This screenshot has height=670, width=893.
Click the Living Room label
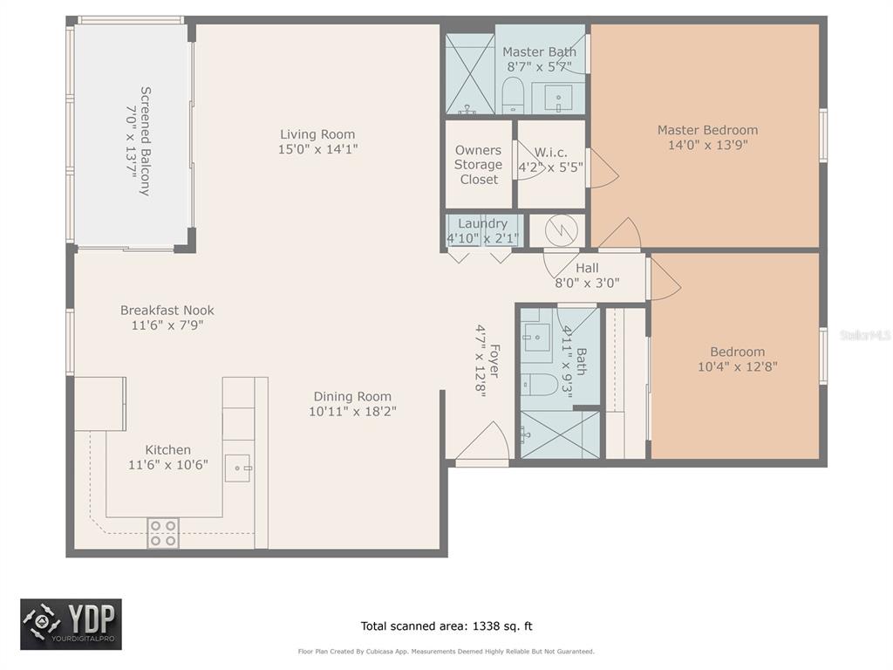pyautogui.click(x=317, y=134)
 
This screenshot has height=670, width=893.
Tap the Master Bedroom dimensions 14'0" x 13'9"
pyautogui.click(x=707, y=145)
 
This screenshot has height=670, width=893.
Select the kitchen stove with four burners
pyautogui.click(x=163, y=533)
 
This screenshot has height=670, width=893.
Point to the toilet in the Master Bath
pyautogui.click(x=513, y=97)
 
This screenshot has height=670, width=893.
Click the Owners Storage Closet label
pyautogui.click(x=479, y=165)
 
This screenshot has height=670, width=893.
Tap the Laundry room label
pyautogui.click(x=482, y=223)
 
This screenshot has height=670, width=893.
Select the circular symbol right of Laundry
pyautogui.click(x=561, y=230)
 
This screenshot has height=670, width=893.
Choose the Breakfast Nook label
pyautogui.click(x=167, y=311)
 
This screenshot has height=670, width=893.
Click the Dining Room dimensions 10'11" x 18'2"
pyautogui.click(x=352, y=412)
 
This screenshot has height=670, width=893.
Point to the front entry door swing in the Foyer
pyautogui.click(x=483, y=441)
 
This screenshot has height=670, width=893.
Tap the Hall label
pyautogui.click(x=587, y=268)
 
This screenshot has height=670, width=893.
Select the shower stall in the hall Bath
pyautogui.click(x=561, y=434)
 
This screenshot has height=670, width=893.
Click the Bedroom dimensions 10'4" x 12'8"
pyautogui.click(x=738, y=366)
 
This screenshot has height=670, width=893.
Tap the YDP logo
pyautogui.click(x=72, y=625)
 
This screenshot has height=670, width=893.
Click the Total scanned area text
pyautogui.click(x=446, y=626)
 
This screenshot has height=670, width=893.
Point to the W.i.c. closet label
pyautogui.click(x=551, y=153)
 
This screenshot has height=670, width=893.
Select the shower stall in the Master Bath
pyautogui.click(x=470, y=74)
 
